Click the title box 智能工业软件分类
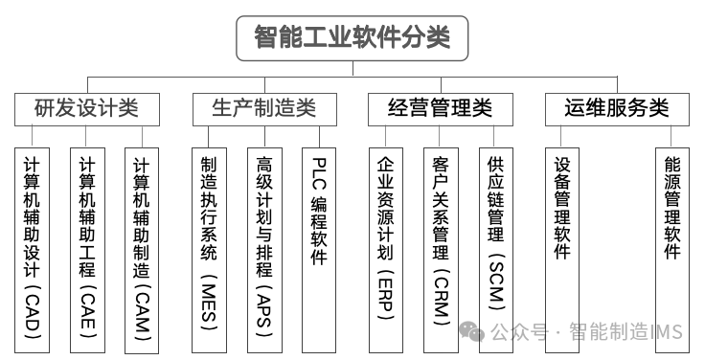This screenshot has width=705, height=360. tap(352, 37)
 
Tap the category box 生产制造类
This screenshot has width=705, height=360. tap(264, 108)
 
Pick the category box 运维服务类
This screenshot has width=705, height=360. tap(617, 108)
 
